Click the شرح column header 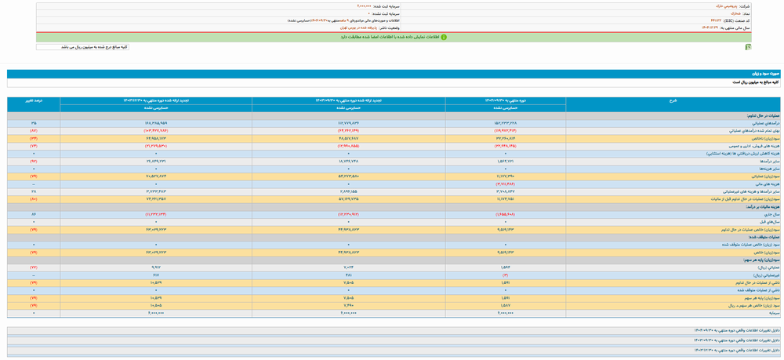click(x=673, y=100)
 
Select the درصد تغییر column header click(x=34, y=100)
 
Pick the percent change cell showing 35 click(x=34, y=123)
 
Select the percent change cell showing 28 click(x=34, y=191)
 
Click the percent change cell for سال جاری click(x=34, y=214)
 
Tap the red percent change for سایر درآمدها click(x=34, y=161)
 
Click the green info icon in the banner click(x=444, y=37)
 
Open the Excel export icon click(x=748, y=47)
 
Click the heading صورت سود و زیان click(x=765, y=74)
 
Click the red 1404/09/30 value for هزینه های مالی click(x=505, y=184)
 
